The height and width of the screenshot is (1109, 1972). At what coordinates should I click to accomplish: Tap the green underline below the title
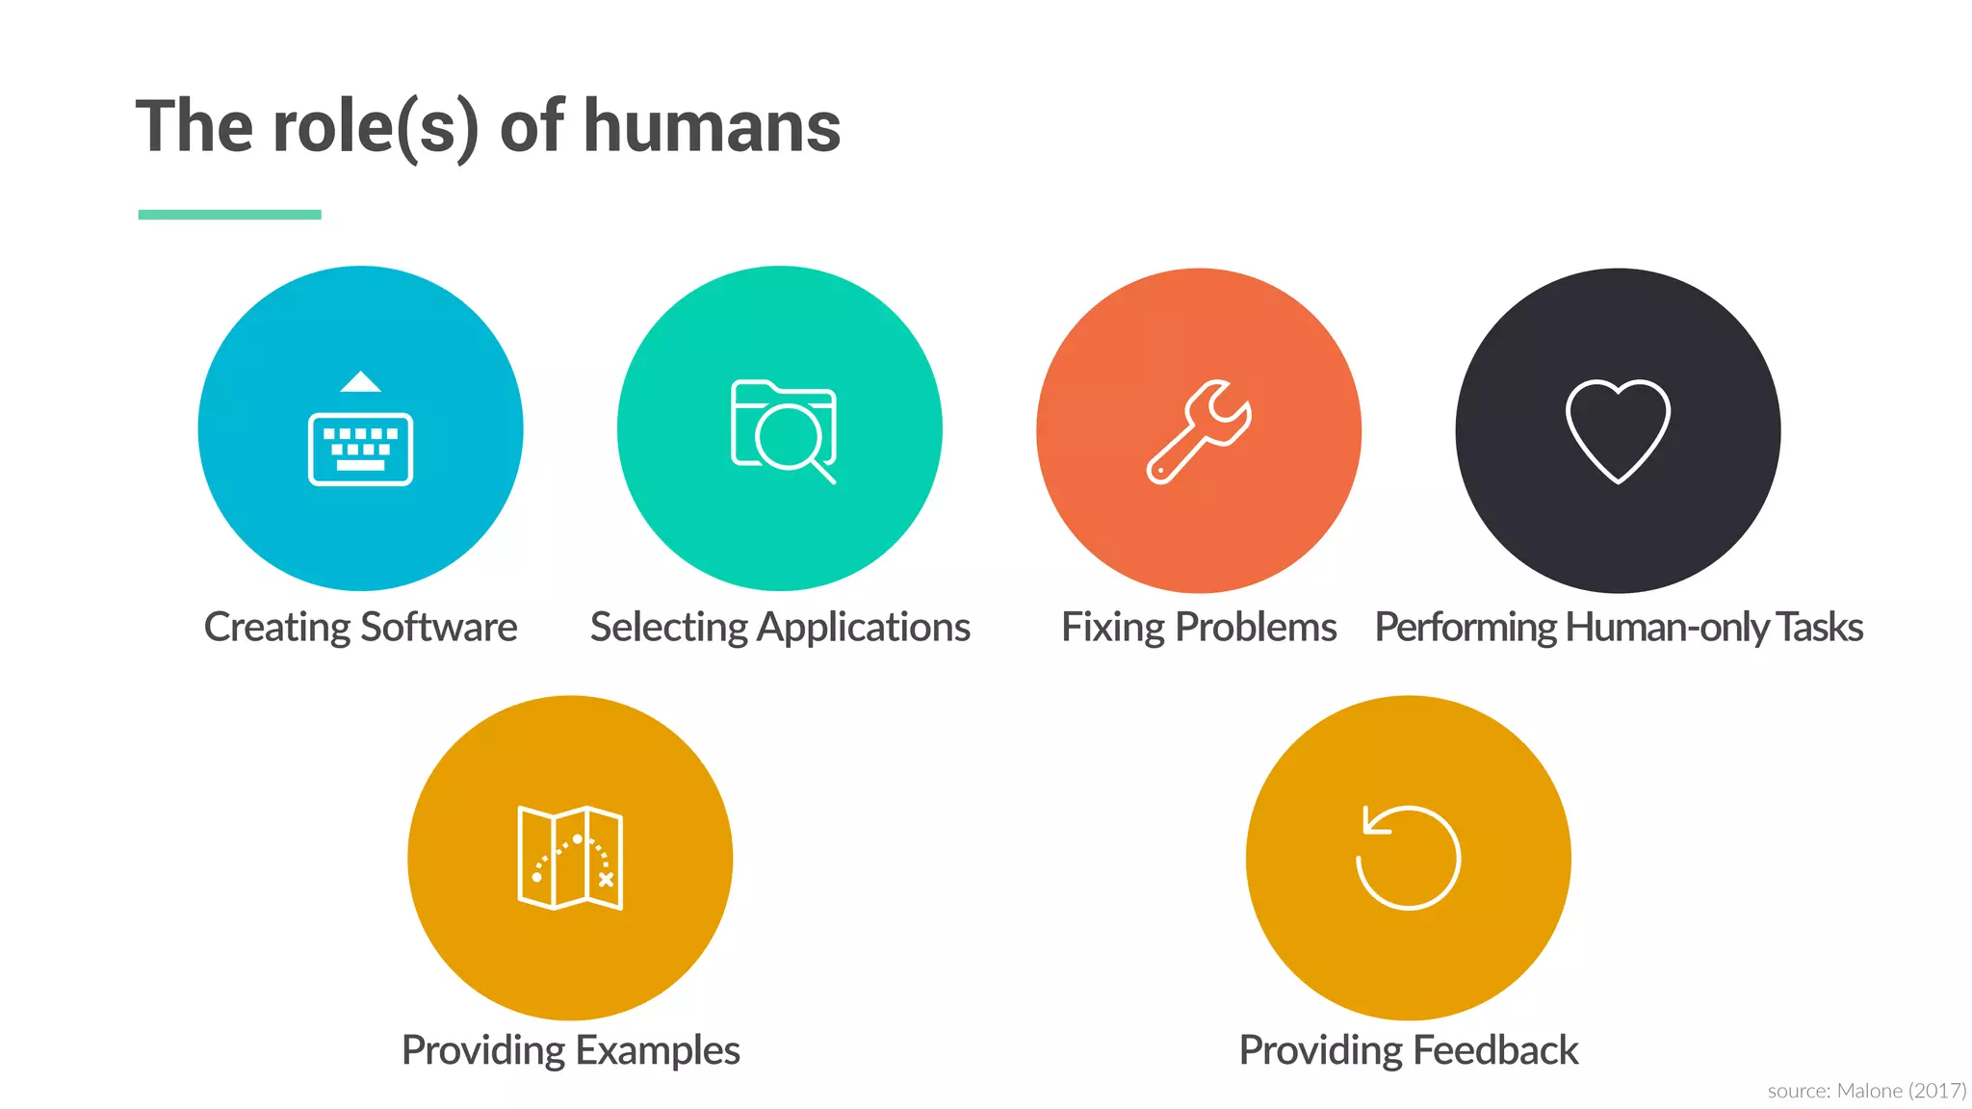point(229,215)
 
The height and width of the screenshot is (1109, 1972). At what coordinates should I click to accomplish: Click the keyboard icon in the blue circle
point(360,449)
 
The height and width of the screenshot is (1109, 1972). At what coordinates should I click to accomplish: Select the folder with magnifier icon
point(783,430)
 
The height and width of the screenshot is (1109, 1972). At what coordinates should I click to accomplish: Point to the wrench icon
point(1199,431)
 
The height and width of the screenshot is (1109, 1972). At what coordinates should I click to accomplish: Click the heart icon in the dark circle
point(1618,430)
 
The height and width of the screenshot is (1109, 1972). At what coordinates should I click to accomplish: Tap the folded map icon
point(570,858)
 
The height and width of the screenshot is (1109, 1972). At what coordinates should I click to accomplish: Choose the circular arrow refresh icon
point(1408,857)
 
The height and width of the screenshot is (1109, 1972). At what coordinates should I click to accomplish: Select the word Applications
point(864,628)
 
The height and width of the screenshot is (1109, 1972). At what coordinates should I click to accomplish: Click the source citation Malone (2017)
point(1901,1091)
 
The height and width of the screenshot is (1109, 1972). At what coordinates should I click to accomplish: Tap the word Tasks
point(1819,628)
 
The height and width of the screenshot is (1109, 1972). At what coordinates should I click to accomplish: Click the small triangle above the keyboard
point(360,382)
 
